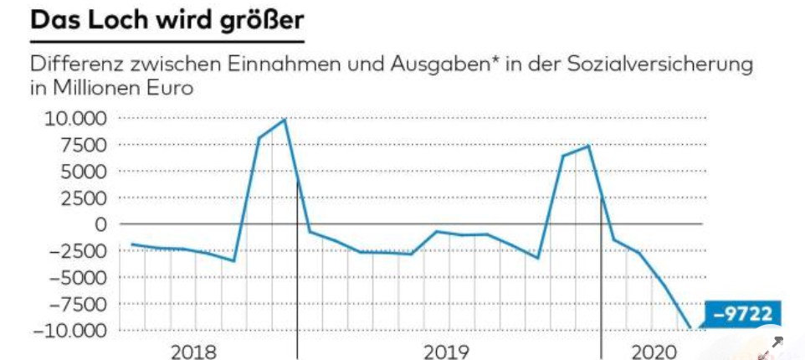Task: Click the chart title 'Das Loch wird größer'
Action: [166, 22]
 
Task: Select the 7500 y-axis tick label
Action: [81, 145]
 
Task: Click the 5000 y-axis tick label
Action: [81, 172]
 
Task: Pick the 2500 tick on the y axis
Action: [81, 198]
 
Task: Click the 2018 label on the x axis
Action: [193, 351]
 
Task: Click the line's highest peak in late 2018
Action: [285, 120]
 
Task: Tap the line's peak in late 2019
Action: [589, 146]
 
